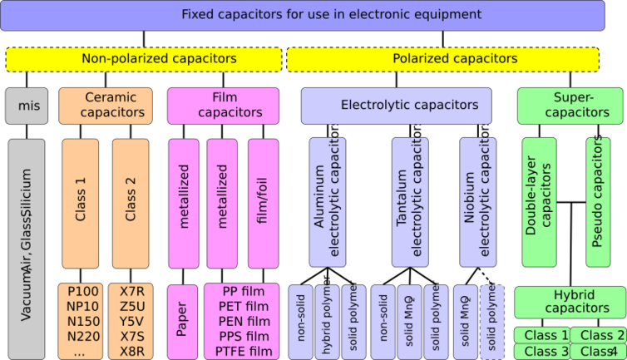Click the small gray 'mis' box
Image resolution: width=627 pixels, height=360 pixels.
tap(27, 106)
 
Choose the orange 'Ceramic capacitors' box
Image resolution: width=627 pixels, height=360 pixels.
tap(106, 106)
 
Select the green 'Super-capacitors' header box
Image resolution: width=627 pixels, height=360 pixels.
tap(570, 106)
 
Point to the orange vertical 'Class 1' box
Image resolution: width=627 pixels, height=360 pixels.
tap(81, 203)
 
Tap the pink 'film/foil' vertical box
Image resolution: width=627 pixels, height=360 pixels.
tap(263, 203)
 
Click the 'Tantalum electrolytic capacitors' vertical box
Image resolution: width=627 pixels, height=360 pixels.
tap(409, 203)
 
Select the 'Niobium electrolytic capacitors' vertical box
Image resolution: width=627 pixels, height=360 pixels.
tap(477, 203)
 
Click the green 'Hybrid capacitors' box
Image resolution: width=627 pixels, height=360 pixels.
tap(570, 302)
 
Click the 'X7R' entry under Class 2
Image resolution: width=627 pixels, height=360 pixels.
tap(131, 292)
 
